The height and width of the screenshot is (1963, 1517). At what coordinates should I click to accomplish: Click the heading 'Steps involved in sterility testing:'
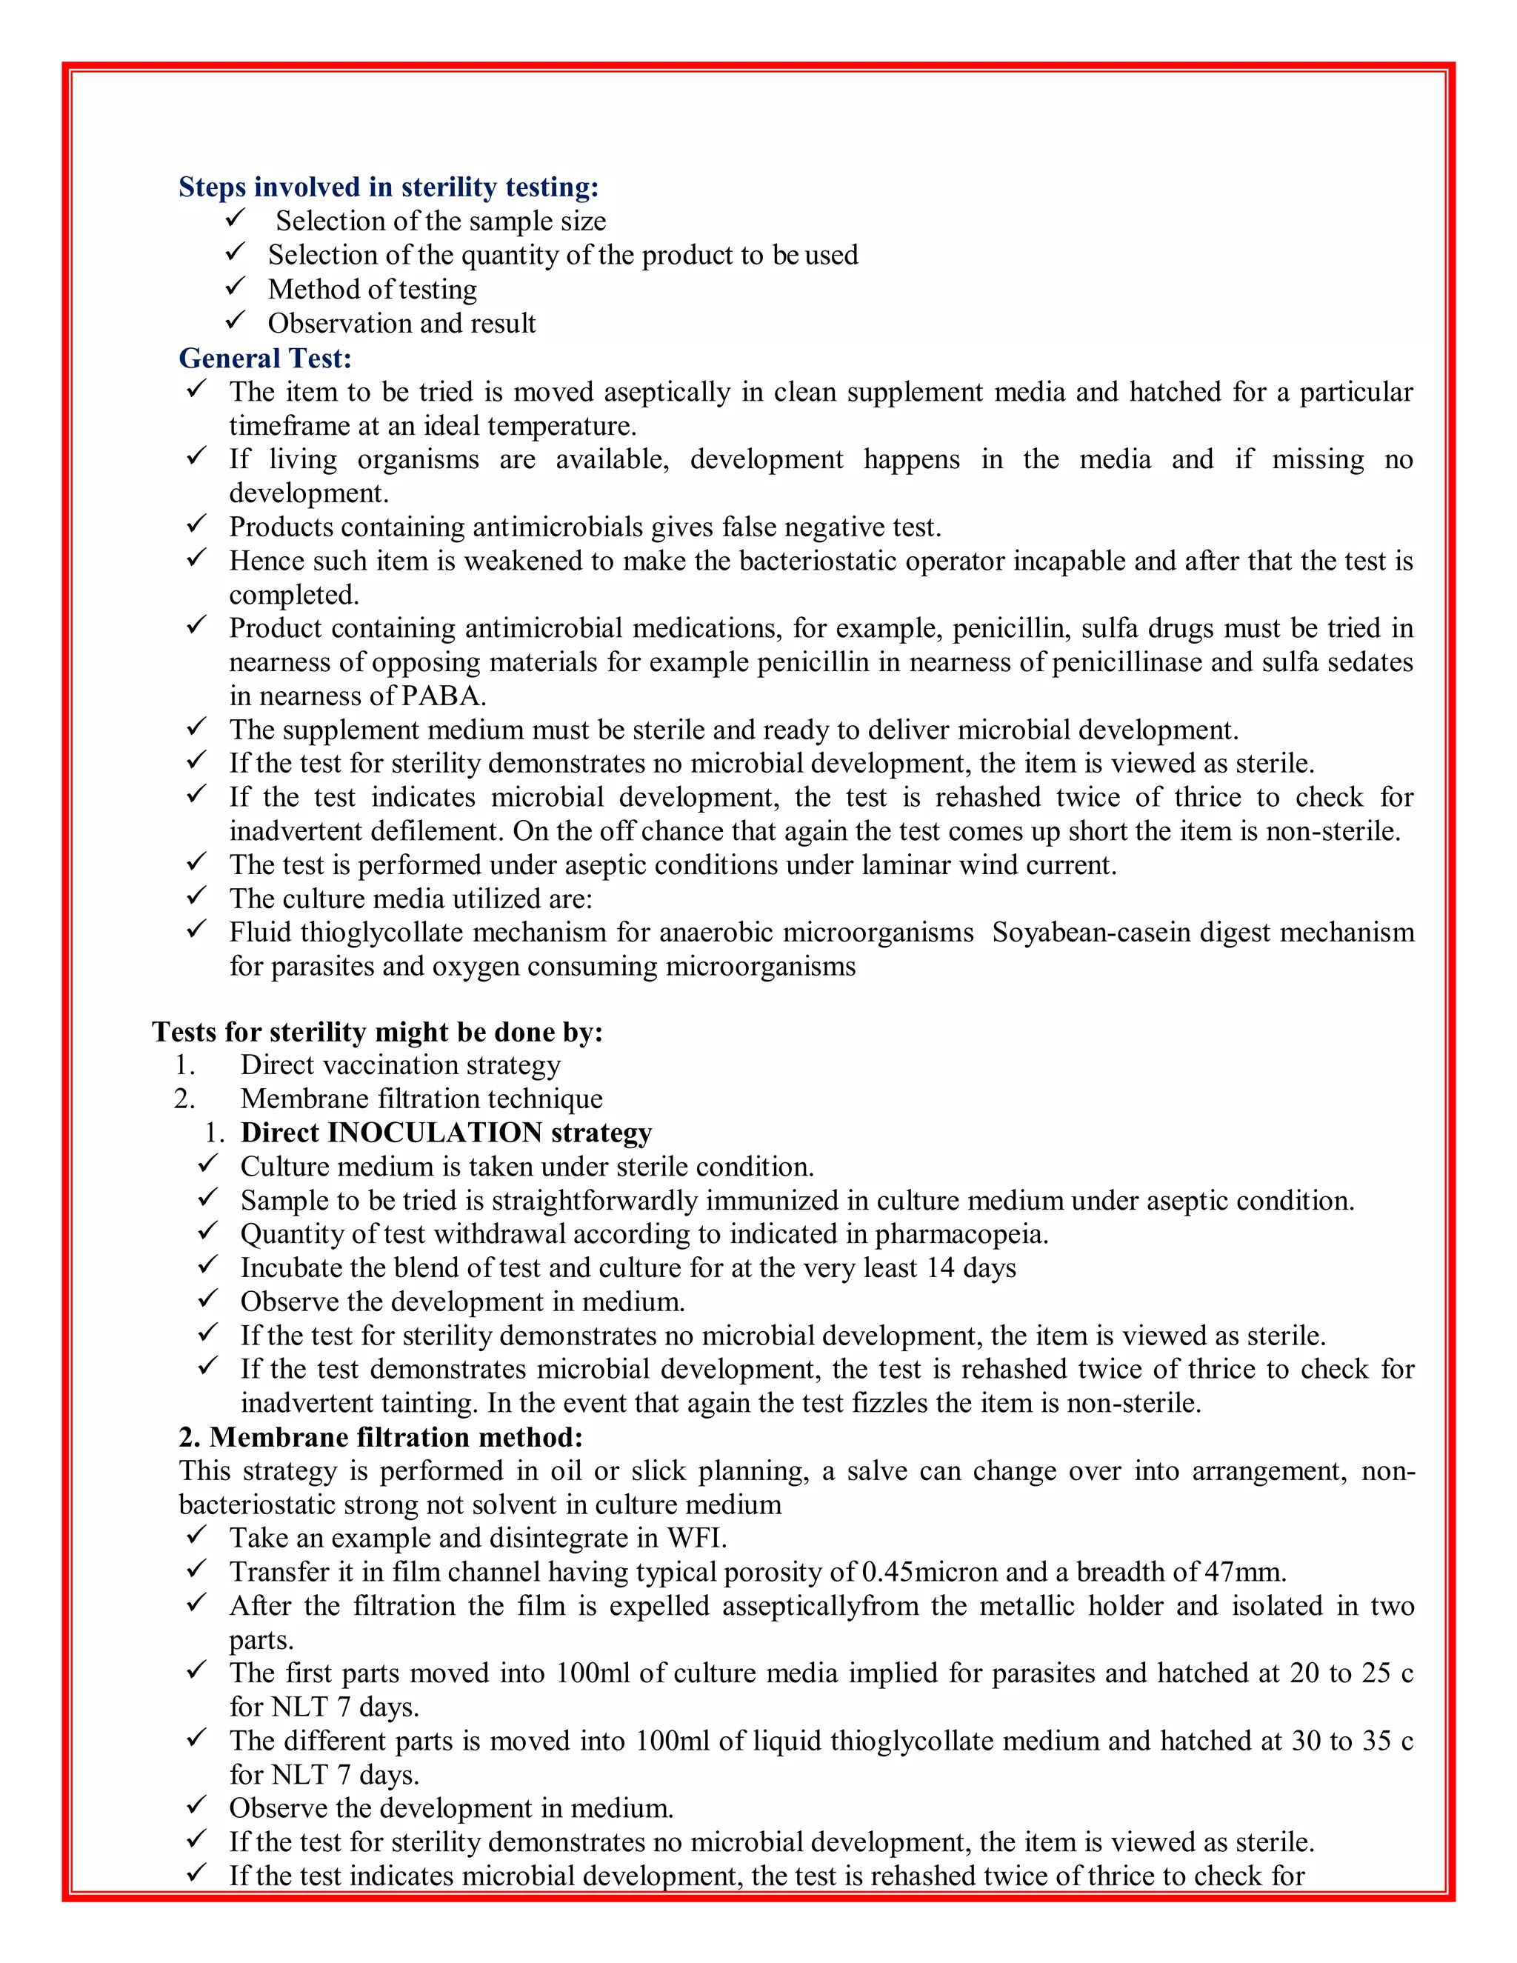tap(388, 187)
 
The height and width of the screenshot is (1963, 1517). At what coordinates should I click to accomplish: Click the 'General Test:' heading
tap(265, 358)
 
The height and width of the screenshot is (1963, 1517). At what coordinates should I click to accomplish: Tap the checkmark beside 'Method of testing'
tap(236, 287)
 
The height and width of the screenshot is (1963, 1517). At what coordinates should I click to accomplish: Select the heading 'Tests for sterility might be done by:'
tap(378, 1031)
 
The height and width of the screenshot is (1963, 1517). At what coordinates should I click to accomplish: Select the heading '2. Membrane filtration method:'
tap(381, 1437)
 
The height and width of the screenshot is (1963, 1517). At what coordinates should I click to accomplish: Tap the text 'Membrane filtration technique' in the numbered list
tap(421, 1099)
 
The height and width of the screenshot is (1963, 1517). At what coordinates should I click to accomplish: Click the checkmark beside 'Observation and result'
tap(236, 321)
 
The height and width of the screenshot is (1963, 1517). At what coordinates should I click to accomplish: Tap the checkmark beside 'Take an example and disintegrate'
tap(197, 1536)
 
